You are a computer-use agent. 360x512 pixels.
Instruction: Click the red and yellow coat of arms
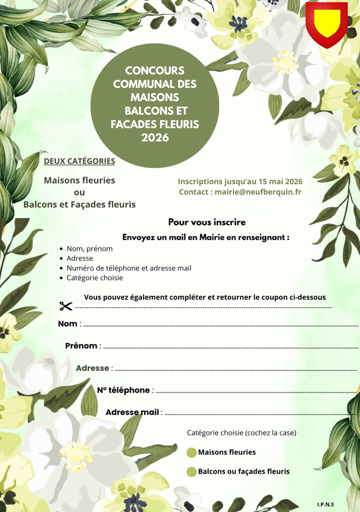point(326,23)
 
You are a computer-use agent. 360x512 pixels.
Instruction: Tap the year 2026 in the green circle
point(155,137)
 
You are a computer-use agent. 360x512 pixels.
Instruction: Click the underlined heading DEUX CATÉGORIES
point(79,161)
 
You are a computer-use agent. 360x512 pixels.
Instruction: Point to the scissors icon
point(65,306)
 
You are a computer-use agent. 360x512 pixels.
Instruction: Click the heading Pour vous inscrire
point(207,222)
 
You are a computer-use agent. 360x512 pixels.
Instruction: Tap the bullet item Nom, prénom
point(89,249)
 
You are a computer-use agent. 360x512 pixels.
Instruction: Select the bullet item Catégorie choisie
point(95,277)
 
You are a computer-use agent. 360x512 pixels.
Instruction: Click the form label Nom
point(68,323)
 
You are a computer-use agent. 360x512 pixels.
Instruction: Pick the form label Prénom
point(81,346)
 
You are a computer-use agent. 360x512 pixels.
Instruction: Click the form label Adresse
point(92,368)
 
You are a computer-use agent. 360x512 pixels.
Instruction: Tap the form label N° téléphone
point(123,390)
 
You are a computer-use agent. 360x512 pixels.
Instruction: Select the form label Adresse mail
point(132,412)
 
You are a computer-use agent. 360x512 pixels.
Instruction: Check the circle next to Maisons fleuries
point(191,453)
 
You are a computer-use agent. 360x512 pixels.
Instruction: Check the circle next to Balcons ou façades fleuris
point(191,472)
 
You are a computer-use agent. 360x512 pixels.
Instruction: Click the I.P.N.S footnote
point(326,504)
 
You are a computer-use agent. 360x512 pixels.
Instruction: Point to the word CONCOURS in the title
point(155,71)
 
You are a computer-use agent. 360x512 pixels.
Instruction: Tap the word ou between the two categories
point(79,192)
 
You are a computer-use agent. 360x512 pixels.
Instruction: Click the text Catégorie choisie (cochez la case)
point(241,432)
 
